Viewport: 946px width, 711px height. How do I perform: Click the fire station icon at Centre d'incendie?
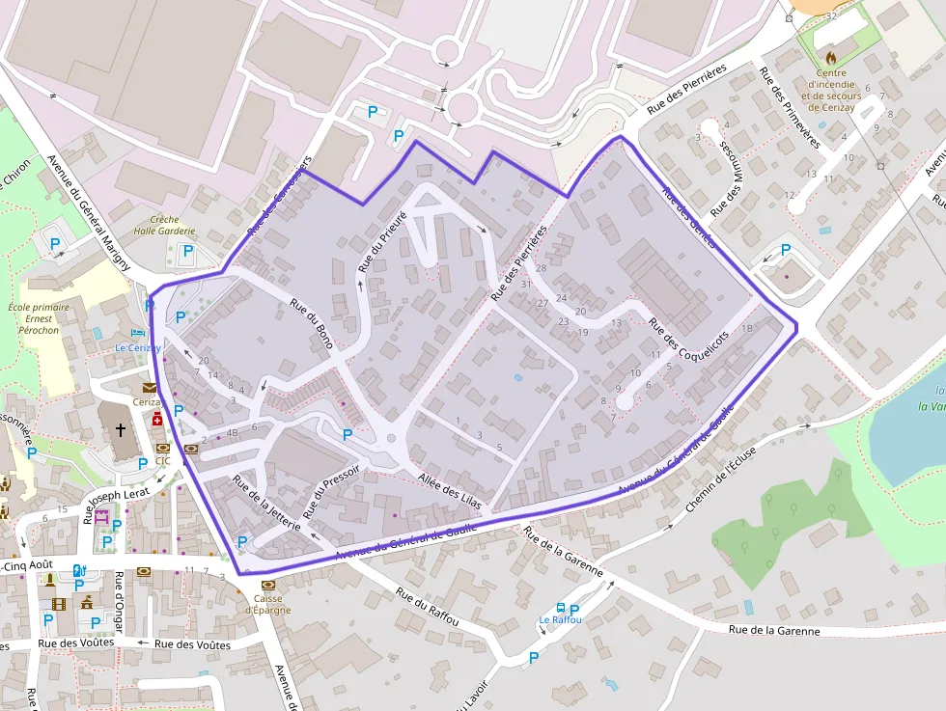pos(830,58)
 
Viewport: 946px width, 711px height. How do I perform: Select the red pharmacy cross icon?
pos(156,419)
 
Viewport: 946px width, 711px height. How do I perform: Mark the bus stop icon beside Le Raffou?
pos(561,609)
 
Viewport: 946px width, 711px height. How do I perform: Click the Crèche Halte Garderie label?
pos(164,226)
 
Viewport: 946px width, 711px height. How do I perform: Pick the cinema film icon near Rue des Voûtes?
pos(60,605)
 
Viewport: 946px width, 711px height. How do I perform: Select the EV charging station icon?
pos(79,570)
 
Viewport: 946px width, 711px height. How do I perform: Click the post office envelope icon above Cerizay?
pos(148,388)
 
